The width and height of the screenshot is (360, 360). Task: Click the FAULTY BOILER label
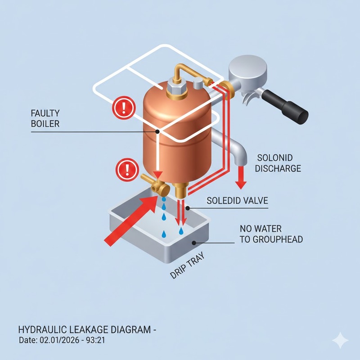point(45,118)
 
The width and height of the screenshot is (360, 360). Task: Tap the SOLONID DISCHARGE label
point(278,163)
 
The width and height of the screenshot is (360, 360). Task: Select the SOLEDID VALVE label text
point(237,201)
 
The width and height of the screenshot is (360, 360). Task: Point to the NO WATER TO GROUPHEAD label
point(271,234)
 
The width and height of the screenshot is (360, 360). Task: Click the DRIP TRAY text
point(187,265)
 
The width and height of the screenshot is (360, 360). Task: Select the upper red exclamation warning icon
point(124,108)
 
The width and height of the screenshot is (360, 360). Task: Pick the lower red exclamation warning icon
point(127,170)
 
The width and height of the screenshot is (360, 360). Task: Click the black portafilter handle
point(285,106)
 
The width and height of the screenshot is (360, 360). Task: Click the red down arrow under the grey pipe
point(241,177)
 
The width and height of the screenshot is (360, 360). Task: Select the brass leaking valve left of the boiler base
point(156,185)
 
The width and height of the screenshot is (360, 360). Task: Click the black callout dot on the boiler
point(157,131)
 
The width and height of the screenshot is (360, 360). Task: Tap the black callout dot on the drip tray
point(194,243)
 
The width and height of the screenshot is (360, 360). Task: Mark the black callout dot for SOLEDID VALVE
point(188,208)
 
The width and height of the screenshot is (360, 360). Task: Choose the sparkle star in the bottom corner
point(341,341)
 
